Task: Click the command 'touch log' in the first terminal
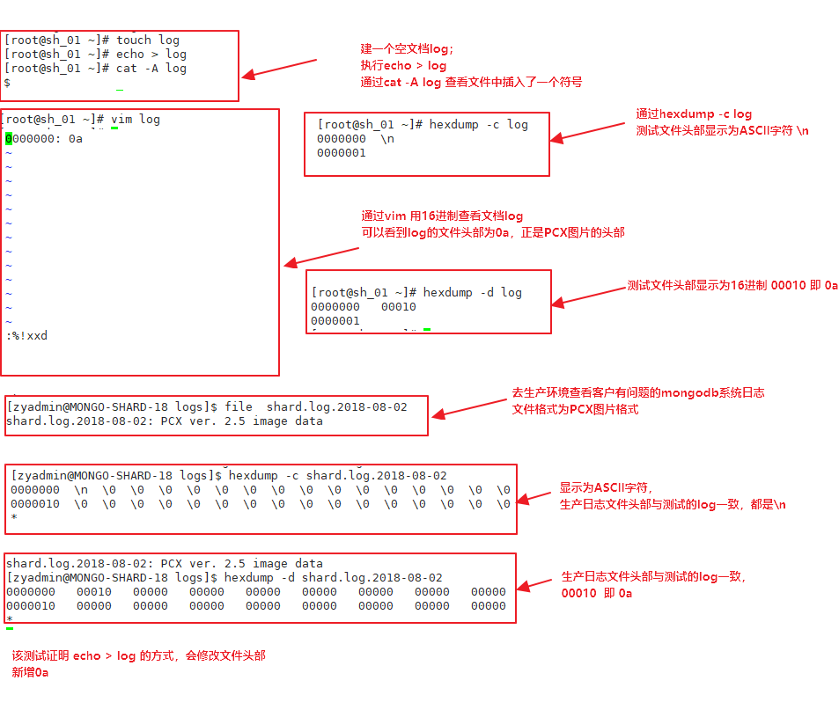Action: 148,40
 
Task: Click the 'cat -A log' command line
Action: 151,68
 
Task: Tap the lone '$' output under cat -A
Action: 7,83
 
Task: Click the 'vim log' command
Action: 136,119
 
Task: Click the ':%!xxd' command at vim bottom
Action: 27,336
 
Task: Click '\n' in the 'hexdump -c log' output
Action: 387,139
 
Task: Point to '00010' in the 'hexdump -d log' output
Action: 398,307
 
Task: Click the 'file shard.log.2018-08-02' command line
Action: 316,407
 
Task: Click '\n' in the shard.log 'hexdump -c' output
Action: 80,490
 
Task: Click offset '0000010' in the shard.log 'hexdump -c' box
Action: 35,504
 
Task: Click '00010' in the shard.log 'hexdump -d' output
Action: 93,592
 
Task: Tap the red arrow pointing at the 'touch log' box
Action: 278,70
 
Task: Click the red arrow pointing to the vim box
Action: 321,255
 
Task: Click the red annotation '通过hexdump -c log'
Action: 694,113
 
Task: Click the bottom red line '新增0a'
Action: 30,672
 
